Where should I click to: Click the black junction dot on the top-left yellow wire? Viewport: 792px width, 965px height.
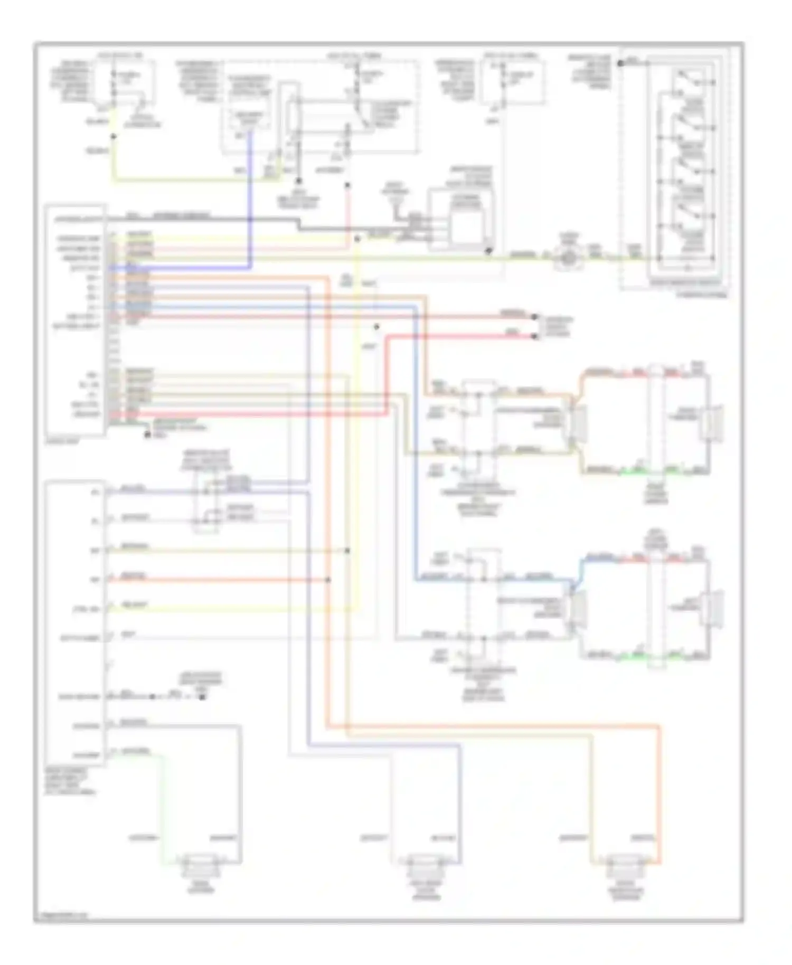[113, 136]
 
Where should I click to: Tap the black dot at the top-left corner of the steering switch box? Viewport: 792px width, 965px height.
[621, 63]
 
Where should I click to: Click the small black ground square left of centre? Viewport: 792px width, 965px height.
[202, 697]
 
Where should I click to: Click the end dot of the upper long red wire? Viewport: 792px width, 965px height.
[534, 317]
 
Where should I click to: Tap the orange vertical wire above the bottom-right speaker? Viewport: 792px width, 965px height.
[659, 792]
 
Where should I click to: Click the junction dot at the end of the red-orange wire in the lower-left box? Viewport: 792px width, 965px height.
[328, 580]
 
